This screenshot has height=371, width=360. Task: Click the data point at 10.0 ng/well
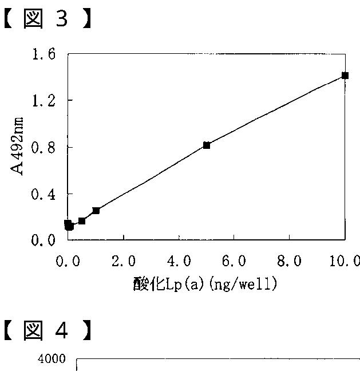coord(345,75)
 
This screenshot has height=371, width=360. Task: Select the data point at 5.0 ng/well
coord(207,145)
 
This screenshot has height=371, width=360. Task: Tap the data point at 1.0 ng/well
coord(96,211)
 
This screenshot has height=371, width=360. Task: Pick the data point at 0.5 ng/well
coord(82,220)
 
